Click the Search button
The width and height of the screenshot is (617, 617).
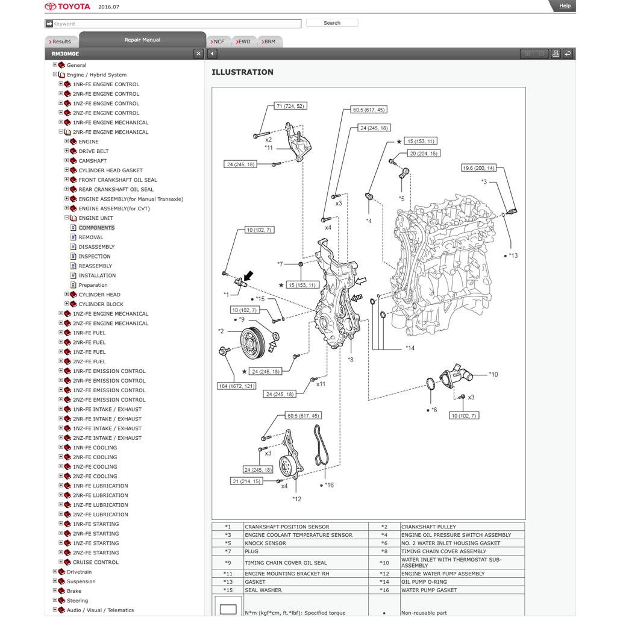pyautogui.click(x=332, y=23)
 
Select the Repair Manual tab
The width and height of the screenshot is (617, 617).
pyautogui.click(x=142, y=40)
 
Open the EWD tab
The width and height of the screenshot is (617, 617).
pyautogui.click(x=243, y=42)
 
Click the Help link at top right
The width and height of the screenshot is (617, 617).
pyautogui.click(x=565, y=6)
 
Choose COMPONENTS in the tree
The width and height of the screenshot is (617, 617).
pyautogui.click(x=96, y=228)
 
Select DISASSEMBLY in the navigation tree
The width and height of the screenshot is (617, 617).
pyautogui.click(x=96, y=247)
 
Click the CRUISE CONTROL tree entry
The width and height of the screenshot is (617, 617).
pyautogui.click(x=95, y=562)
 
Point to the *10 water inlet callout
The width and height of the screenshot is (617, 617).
pyautogui.click(x=493, y=374)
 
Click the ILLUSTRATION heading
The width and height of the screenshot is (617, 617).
pyautogui.click(x=242, y=72)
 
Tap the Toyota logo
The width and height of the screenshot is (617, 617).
pyautogui.click(x=67, y=7)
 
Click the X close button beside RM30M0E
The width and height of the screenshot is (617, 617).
pyautogui.click(x=198, y=54)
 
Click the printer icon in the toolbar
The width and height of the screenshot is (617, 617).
pyautogui.click(x=556, y=54)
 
